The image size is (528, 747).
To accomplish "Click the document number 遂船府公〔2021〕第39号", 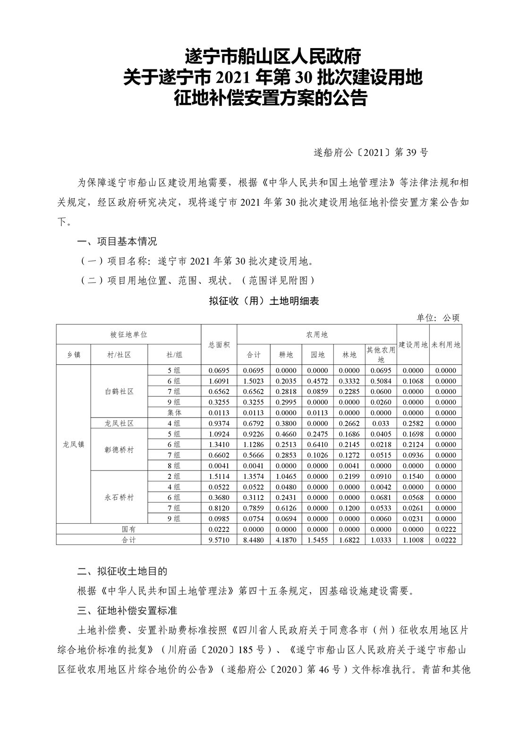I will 371,152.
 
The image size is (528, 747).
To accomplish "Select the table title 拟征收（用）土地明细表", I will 264,301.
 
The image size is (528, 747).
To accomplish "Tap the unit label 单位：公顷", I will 437,318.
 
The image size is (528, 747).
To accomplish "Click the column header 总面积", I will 219,344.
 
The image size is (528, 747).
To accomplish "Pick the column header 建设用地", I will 413,344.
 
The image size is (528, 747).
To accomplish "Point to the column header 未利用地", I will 446,344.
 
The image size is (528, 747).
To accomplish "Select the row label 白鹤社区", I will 119,392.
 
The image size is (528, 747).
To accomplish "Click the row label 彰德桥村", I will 119,450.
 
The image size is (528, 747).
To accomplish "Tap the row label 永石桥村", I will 119,497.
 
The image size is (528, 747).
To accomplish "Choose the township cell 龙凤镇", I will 73,444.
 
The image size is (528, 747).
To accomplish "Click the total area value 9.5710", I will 219,540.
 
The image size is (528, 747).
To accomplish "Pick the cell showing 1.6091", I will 219,381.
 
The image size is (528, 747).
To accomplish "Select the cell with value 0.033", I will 381,423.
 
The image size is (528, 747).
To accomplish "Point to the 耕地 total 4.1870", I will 286,540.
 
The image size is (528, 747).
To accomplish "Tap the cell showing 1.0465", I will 286,476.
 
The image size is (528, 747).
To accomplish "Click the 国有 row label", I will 128,529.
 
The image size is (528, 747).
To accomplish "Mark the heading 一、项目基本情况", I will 117,242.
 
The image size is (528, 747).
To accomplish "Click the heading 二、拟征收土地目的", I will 122,571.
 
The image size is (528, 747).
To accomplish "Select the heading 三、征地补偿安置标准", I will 127,611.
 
